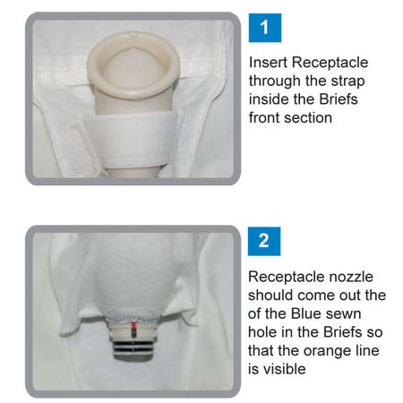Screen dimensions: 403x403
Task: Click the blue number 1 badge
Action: click(x=265, y=26)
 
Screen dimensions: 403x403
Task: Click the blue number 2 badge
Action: click(x=265, y=240)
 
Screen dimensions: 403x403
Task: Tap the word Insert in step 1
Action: click(x=268, y=63)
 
